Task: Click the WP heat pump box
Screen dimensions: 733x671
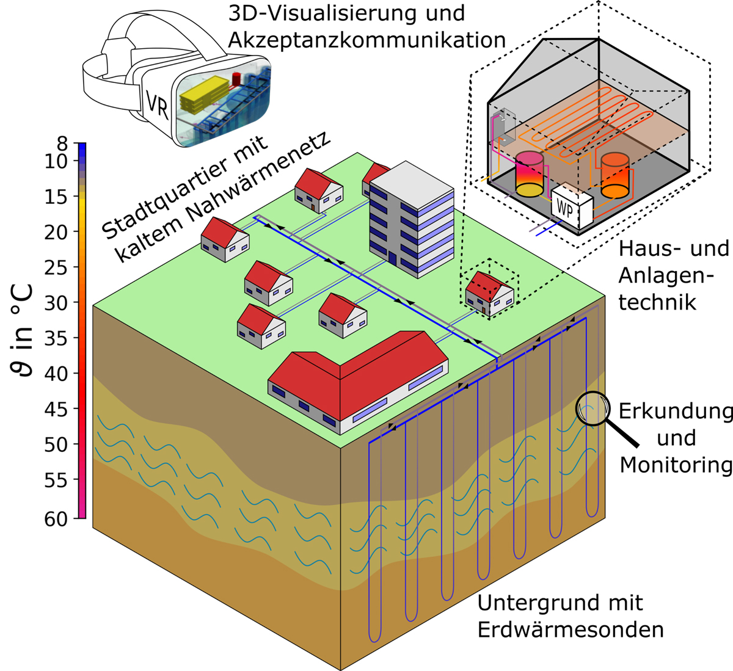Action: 572,207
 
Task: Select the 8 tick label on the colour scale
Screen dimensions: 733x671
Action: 62,143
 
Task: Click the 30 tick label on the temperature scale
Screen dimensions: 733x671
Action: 56,303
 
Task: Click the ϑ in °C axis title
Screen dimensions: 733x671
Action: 21,331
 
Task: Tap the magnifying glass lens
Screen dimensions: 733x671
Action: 593,408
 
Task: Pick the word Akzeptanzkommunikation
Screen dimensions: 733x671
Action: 367,40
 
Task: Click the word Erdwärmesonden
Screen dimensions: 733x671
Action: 571,630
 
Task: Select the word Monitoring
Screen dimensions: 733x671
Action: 676,466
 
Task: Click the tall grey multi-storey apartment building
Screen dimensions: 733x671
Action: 412,220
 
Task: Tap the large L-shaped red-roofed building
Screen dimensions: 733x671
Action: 358,382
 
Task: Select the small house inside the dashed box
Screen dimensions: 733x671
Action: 490,294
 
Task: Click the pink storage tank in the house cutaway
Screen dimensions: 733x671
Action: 530,174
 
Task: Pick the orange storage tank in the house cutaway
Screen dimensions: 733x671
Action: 615,175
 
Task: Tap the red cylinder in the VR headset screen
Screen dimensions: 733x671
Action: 237,79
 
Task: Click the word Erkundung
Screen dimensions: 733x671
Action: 676,411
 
